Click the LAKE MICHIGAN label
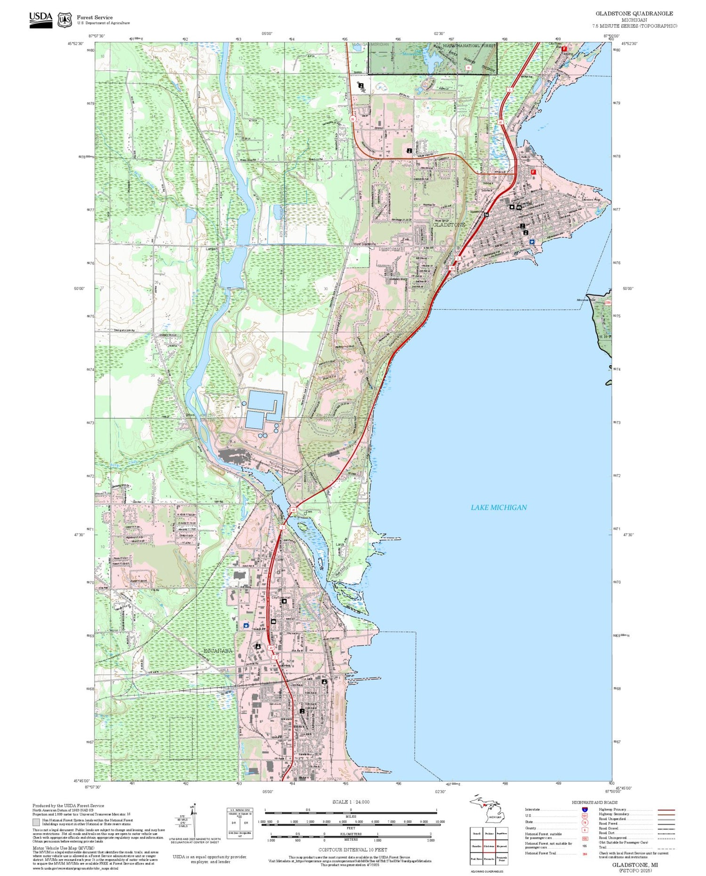pos(498,507)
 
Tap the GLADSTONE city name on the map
pos(449,225)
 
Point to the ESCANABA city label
pos(217,651)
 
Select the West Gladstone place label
pos(364,245)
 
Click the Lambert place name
pos(212,249)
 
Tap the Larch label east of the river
pos(339,544)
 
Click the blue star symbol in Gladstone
pos(532,241)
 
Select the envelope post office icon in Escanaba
pos(273,621)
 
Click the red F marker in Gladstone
pos(533,172)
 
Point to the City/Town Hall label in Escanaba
pos(281,597)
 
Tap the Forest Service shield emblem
pos(64,20)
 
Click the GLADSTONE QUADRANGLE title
pos(634,14)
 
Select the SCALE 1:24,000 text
pos(351,802)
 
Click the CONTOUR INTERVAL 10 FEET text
pos(353,850)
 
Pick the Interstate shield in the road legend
pos(585,810)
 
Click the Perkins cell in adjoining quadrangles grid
pos(489,833)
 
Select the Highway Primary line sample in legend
pos(664,810)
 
